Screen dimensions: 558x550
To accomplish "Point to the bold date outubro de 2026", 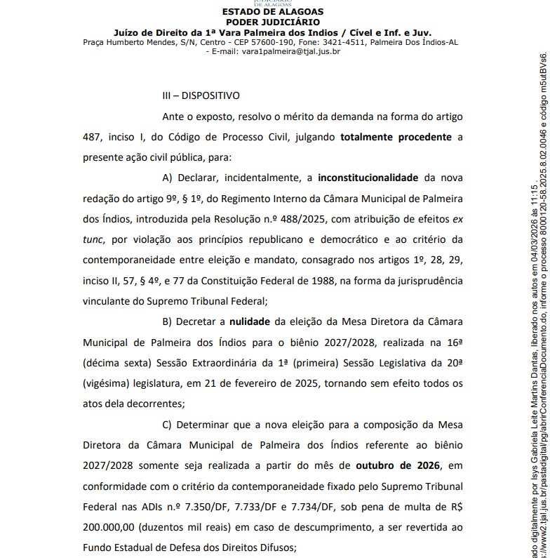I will [x=408, y=449].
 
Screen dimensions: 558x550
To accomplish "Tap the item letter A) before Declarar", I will [x=167, y=178].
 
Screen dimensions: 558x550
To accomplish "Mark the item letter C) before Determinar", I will [x=167, y=406].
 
